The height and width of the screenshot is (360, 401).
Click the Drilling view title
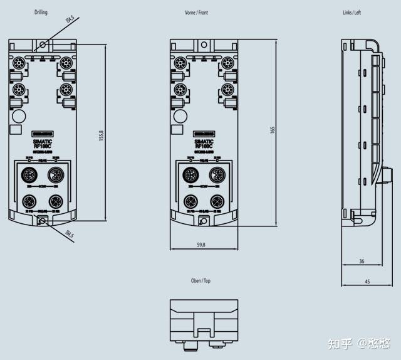41,13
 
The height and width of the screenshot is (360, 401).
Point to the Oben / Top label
200,281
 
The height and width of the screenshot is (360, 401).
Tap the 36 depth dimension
361,260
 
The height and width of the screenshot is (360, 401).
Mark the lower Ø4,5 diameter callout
70,235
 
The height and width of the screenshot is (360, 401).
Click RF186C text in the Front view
204,147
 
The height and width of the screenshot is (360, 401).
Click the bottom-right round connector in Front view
217,201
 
